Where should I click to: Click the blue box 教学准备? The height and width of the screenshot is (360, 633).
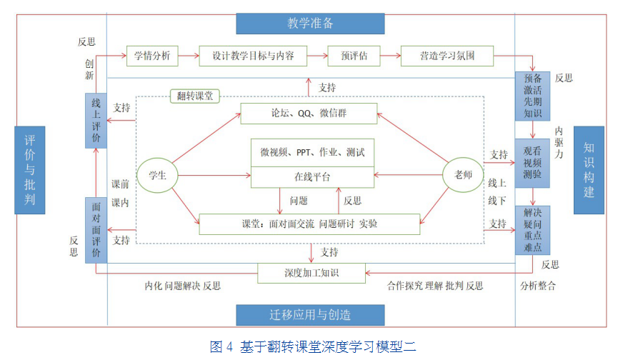tap(311, 23)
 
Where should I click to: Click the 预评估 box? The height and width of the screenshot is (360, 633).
tap(353, 56)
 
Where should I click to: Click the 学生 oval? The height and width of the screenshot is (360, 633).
tap(157, 176)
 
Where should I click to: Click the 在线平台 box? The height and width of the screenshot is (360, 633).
tap(312, 177)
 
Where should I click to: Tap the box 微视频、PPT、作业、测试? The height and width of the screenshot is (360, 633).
tap(312, 152)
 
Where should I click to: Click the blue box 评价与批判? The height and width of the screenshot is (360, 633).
tap(29, 169)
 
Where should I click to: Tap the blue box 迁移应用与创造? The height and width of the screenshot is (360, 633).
tap(310, 315)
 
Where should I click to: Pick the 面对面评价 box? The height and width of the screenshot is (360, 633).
tap(96, 230)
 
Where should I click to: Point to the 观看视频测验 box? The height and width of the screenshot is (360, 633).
tap(533, 163)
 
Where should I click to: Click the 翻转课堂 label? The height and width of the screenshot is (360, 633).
tap(195, 96)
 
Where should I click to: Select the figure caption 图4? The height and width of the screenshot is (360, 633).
tap(313, 347)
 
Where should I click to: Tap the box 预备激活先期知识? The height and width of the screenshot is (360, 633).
tap(533, 96)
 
